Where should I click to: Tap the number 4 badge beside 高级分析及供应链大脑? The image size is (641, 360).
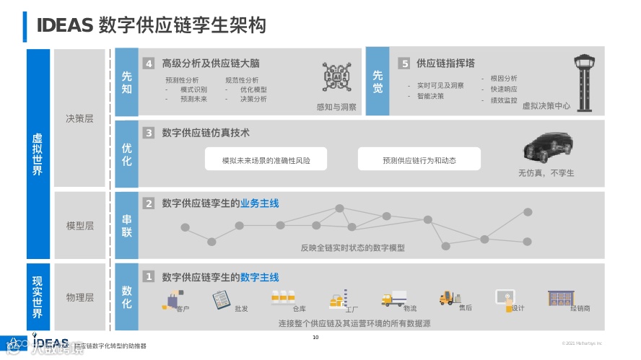(x=149, y=63)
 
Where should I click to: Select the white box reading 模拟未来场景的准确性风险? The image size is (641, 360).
(x=266, y=160)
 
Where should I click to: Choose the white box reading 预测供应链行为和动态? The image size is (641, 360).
(x=419, y=160)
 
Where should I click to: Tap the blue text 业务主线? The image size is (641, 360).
(x=260, y=203)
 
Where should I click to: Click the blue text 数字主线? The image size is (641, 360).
(x=260, y=277)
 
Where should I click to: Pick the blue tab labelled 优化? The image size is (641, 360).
(x=126, y=154)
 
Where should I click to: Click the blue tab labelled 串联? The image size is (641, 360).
(x=126, y=225)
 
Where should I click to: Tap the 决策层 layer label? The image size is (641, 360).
(x=79, y=118)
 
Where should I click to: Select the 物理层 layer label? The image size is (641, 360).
(x=79, y=297)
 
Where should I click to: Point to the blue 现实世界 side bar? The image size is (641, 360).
(x=38, y=297)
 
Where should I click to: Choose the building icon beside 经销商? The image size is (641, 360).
(x=559, y=297)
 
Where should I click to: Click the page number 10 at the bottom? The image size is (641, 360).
(x=315, y=338)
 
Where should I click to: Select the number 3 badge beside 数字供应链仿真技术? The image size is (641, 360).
(x=149, y=133)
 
